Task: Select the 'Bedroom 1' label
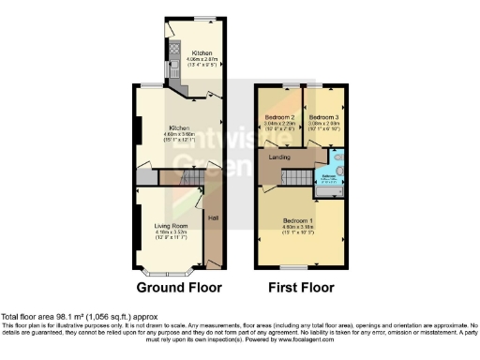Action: tap(298, 220)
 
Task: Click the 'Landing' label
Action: tap(279, 157)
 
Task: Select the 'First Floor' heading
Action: tap(300, 288)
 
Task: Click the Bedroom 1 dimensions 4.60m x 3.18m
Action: tap(298, 228)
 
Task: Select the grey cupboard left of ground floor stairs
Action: tap(144, 177)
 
